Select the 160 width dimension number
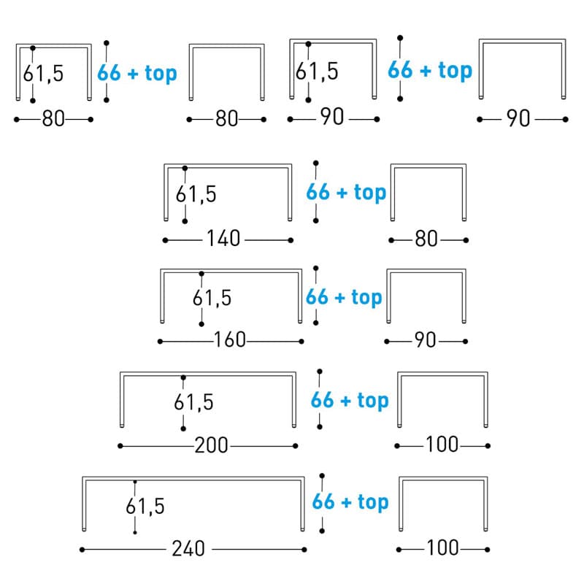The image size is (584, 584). pyautogui.click(x=229, y=341)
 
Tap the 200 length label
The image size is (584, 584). pyautogui.click(x=211, y=445)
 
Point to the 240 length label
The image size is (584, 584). pyautogui.click(x=189, y=548)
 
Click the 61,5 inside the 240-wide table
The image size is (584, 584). pyautogui.click(x=145, y=505)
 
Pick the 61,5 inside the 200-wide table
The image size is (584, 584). pyautogui.click(x=193, y=401)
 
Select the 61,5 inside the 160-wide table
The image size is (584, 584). pyautogui.click(x=212, y=298)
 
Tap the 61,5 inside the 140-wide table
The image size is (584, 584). pyautogui.click(x=196, y=194)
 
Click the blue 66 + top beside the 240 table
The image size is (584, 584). pyautogui.click(x=350, y=502)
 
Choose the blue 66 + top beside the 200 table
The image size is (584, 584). pyautogui.click(x=350, y=400)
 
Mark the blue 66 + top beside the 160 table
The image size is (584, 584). pyautogui.click(x=344, y=297)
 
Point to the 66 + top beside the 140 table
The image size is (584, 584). pyautogui.click(x=345, y=193)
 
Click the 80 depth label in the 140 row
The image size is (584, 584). pyautogui.click(x=426, y=239)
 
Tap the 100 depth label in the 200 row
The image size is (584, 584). pyautogui.click(x=442, y=445)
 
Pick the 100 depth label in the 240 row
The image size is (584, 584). pyautogui.click(x=442, y=547)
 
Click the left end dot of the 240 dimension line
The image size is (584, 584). pyautogui.click(x=82, y=549)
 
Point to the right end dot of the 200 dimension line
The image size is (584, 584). pyautogui.click(x=296, y=445)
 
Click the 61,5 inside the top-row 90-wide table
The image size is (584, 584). pyautogui.click(x=317, y=72)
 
